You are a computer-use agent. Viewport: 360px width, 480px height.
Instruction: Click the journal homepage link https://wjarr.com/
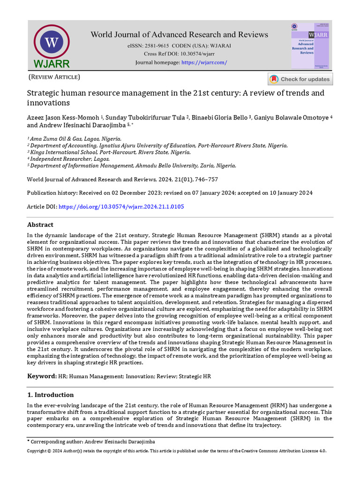[204, 62]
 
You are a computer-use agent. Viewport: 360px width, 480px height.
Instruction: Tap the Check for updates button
[300, 79]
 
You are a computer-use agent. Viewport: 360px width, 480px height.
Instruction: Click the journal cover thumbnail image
[309, 46]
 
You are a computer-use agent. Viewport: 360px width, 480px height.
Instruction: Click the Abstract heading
[40, 225]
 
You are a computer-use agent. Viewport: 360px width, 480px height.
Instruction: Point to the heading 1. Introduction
[50, 395]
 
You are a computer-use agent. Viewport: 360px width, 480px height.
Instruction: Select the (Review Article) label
[54, 77]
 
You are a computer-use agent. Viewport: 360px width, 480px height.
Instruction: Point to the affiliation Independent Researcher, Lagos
[70, 159]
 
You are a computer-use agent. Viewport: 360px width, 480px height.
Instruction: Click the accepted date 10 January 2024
[287, 193]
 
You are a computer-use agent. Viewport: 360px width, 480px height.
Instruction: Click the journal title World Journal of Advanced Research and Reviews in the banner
[179, 35]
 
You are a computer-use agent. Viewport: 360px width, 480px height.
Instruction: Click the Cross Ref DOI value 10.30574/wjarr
[191, 54]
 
